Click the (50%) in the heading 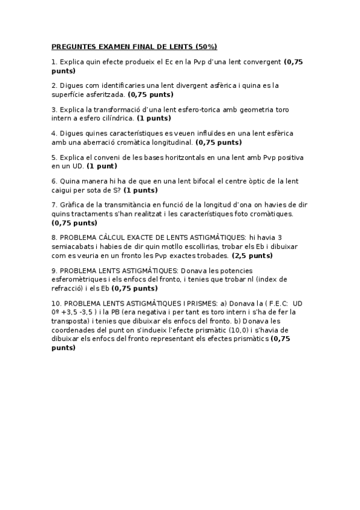tap(204, 46)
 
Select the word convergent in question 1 tap(261, 61)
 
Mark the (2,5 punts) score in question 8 tap(252, 256)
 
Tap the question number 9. tap(54, 271)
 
